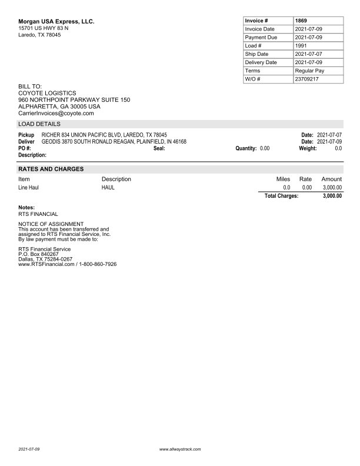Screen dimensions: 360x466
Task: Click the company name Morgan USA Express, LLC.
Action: click(56, 22)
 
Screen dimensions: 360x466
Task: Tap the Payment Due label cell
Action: click(261, 37)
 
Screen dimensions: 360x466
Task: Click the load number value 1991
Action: click(301, 45)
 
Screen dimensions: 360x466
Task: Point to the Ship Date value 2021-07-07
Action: click(308, 54)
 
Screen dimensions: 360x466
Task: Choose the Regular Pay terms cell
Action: click(309, 71)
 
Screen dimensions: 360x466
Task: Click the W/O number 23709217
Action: click(307, 79)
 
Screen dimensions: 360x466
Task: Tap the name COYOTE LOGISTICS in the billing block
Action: click(47, 93)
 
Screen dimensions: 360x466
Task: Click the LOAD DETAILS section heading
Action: click(39, 124)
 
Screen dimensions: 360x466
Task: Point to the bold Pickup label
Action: click(26, 135)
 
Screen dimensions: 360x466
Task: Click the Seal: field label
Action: click(159, 148)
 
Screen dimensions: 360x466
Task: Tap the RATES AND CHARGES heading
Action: click(51, 169)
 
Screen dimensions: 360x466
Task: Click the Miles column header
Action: click(283, 179)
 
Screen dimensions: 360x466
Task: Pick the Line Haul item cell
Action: click(29, 188)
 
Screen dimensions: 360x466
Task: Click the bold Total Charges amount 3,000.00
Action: click(332, 196)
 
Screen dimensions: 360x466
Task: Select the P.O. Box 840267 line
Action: click(39, 254)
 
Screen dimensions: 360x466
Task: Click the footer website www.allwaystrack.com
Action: click(180, 449)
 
